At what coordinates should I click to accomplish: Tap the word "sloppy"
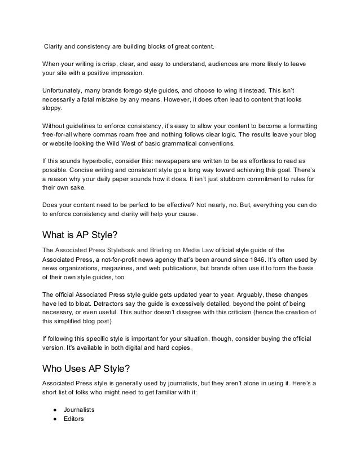54,110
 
